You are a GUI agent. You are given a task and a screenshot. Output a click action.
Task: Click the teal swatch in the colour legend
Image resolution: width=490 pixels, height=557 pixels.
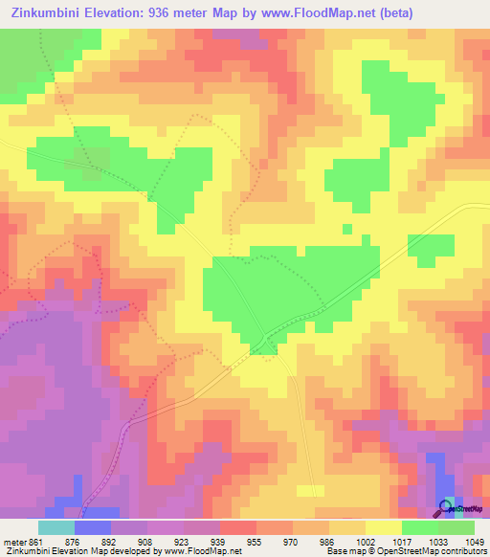click(56, 526)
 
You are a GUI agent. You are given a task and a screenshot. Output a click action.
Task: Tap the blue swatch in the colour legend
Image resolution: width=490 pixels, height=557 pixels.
click(93, 526)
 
